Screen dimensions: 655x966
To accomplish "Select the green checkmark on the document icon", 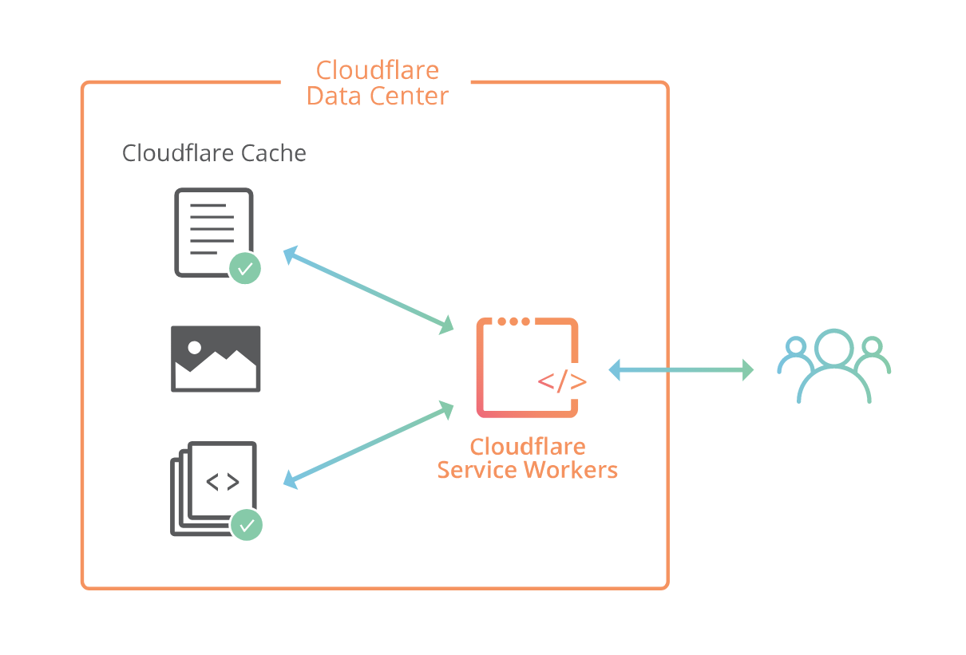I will point(245,268).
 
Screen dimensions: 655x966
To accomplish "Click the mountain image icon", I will point(216,358).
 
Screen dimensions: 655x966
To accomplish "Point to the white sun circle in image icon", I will point(194,347).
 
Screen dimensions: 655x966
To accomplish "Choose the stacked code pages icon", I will point(213,487).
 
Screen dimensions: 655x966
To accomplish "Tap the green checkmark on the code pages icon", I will point(247,524).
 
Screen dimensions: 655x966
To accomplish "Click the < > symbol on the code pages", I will point(222,482).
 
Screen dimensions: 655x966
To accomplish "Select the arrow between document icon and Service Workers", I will point(368,290).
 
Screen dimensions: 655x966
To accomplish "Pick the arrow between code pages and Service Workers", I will point(368,445).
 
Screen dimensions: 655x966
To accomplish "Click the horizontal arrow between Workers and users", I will point(681,369).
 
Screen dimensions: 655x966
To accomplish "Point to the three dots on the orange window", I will point(513,322).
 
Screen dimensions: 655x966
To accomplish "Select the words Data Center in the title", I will point(378,97).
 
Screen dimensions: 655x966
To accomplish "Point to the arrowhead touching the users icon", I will point(747,369).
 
